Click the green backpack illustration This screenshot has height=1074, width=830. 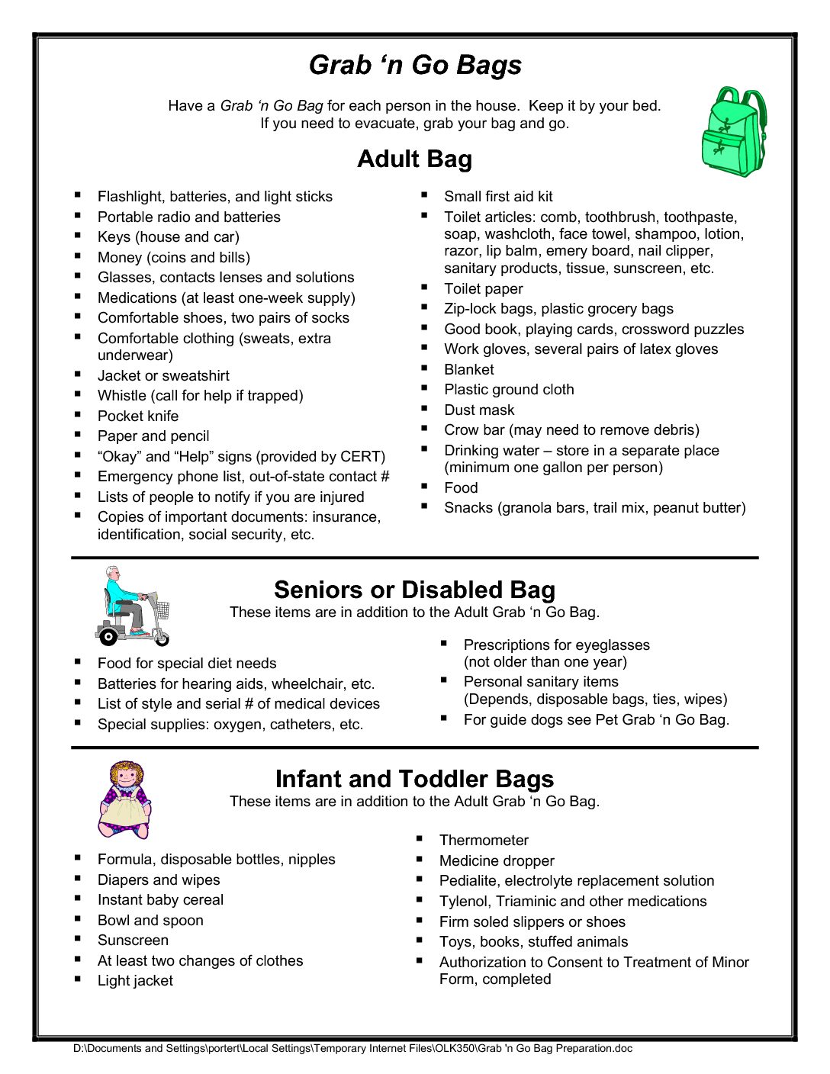pyautogui.click(x=733, y=132)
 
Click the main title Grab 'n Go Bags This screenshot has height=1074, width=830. pyautogui.click(x=415, y=65)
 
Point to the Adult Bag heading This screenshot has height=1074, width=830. pyautogui.click(x=415, y=159)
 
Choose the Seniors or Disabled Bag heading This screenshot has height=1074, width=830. pyautogui.click(x=415, y=590)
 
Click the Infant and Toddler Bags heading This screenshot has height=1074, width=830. pyautogui.click(x=415, y=779)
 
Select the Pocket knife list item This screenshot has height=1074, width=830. pyautogui.click(x=138, y=416)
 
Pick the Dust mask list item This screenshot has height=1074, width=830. pyautogui.click(x=479, y=410)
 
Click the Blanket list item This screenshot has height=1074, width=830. pyautogui.click(x=469, y=370)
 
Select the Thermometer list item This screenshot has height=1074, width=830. pyautogui.click(x=484, y=841)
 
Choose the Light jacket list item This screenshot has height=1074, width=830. pyautogui.click(x=135, y=981)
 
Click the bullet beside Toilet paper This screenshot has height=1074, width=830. pyautogui.click(x=424, y=288)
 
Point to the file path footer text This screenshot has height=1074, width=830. pyautogui.click(x=352, y=1049)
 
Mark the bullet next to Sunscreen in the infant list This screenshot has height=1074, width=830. pyautogui.click(x=78, y=939)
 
